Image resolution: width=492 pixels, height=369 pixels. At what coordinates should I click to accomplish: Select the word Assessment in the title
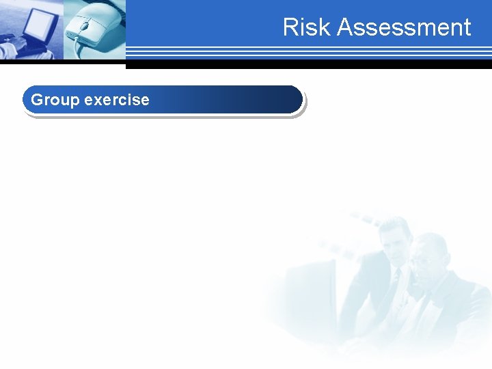[x=404, y=27]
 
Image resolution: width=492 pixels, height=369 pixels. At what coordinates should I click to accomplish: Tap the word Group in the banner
[x=55, y=100]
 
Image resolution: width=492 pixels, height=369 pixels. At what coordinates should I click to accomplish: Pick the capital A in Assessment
[x=345, y=27]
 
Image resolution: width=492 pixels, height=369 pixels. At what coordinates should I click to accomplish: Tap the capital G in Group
[x=38, y=100]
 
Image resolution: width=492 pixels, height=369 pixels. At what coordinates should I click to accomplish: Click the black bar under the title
[x=307, y=65]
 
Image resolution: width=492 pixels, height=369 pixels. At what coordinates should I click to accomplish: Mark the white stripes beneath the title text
[x=307, y=51]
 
